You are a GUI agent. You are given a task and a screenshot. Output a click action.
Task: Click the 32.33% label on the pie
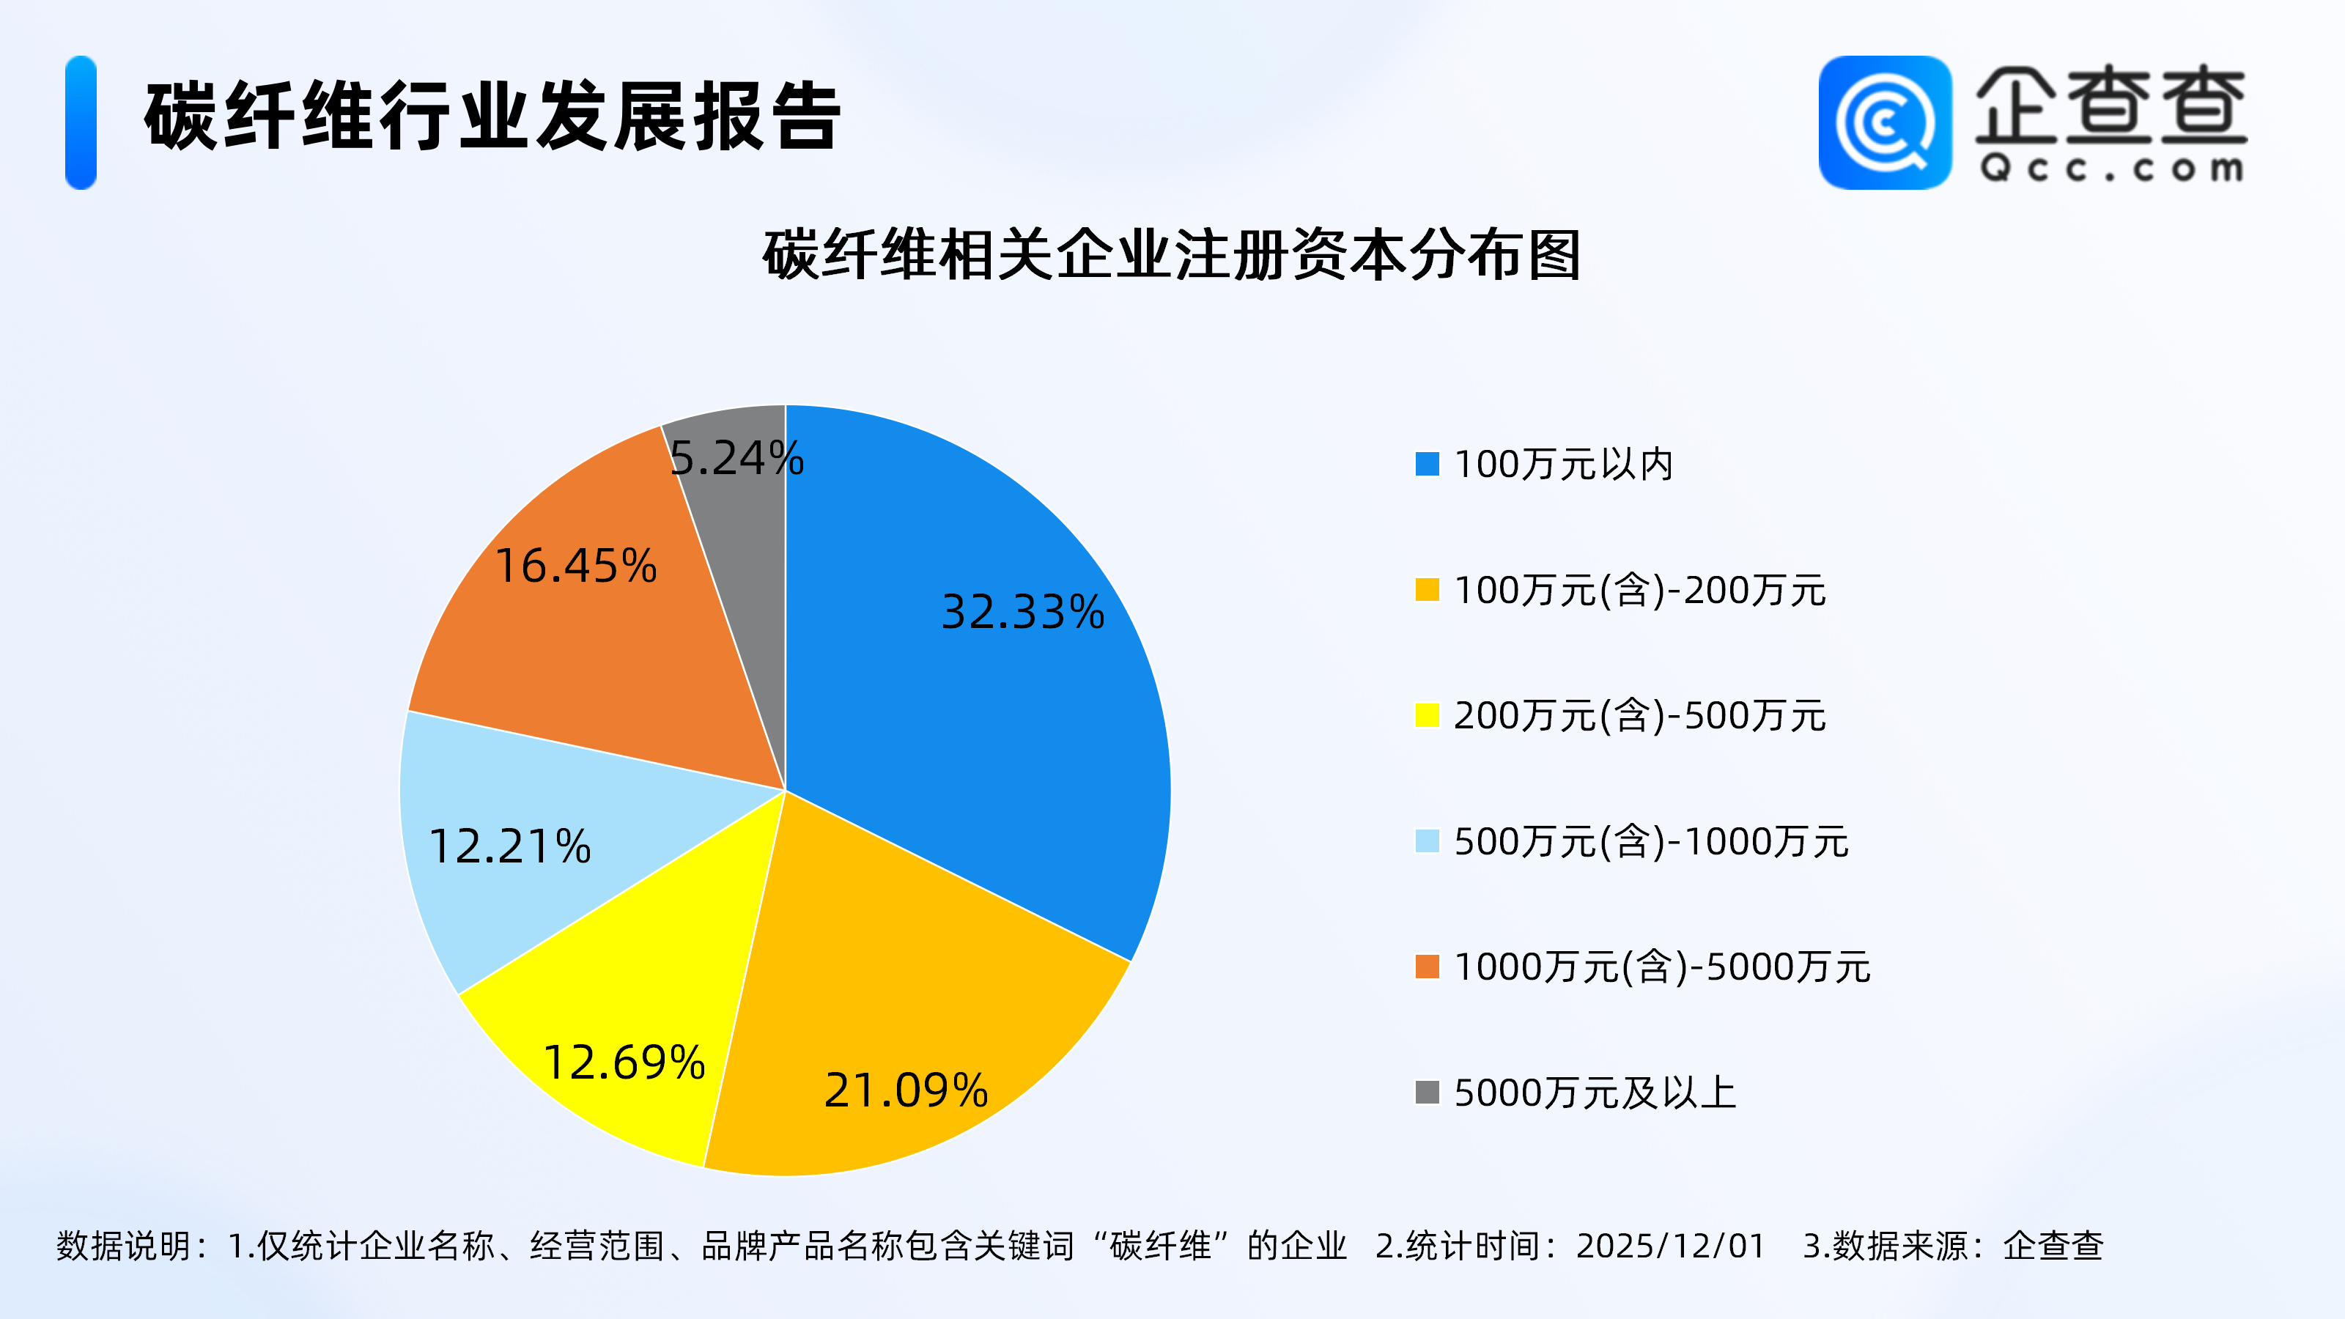coord(1022,612)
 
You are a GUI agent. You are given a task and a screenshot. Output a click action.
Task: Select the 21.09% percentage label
coord(906,1090)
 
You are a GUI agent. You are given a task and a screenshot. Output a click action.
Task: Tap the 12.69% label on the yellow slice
coord(624,1063)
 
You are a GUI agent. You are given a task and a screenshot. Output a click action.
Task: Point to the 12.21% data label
coord(510,846)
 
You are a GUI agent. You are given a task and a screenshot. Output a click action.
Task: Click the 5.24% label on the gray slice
coord(736,458)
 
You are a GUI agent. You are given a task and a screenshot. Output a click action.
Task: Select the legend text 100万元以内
coord(1564,465)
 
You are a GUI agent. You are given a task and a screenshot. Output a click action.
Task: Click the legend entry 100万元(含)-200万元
coord(1639,590)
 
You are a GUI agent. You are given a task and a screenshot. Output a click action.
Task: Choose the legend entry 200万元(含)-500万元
coord(1639,715)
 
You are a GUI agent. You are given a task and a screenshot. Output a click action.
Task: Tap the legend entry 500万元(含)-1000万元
coord(1651,841)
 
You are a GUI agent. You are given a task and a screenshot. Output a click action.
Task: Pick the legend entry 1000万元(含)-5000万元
coord(1662,967)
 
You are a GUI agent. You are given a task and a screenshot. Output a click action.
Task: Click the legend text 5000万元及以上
coord(1595,1093)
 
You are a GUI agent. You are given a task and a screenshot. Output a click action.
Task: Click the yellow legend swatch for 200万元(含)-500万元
coord(1428,715)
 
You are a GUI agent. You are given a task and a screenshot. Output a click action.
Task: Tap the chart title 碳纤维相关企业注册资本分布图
coord(1172,255)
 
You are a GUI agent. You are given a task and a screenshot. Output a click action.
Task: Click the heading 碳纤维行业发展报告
coord(492,117)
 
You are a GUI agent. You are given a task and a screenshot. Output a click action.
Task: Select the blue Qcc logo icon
coord(1884,123)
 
